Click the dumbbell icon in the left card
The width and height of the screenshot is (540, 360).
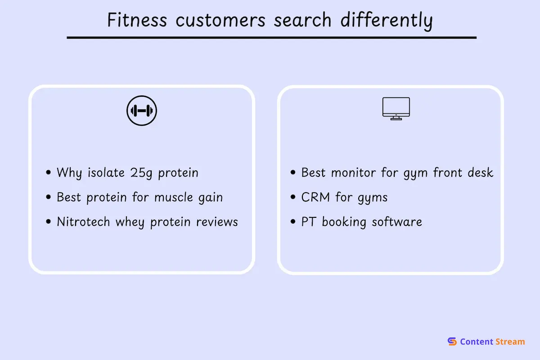142,111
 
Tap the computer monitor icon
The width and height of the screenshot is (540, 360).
396,108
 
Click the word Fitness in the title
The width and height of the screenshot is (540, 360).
137,20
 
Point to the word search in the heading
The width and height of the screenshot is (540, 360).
302,20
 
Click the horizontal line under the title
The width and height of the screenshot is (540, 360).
272,38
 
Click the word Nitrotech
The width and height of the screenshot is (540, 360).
83,222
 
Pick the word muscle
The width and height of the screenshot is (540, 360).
174,197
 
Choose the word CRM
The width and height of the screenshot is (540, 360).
315,197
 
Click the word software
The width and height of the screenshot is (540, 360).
397,222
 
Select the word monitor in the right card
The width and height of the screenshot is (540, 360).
353,173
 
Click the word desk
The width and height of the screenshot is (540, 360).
481,173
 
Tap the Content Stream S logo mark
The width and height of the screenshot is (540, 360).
452,342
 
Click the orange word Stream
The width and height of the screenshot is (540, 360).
510,342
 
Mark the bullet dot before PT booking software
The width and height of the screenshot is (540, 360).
293,221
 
